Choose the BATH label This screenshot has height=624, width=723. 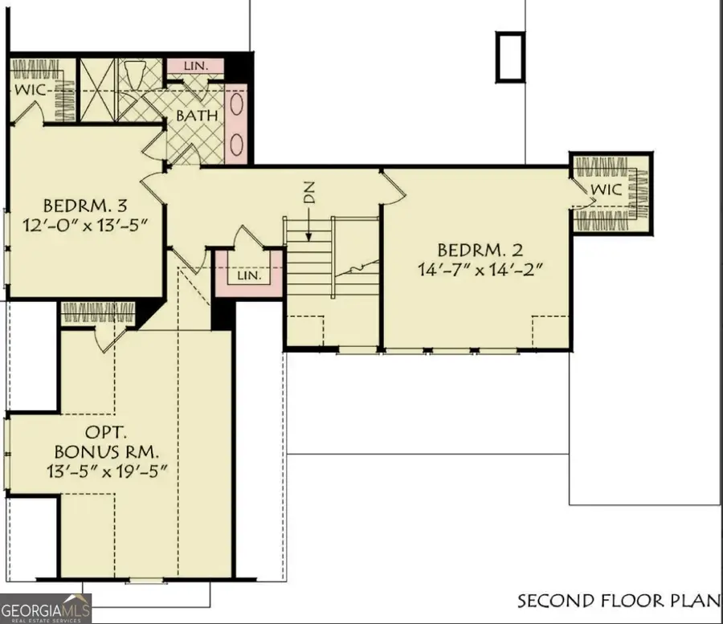click(x=198, y=116)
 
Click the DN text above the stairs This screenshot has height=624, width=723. click(x=310, y=192)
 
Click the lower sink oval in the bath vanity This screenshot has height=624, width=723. click(x=237, y=144)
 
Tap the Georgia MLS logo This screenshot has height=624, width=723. click(x=46, y=608)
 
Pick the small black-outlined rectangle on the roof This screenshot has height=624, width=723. click(x=509, y=56)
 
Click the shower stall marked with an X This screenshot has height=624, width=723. click(x=99, y=90)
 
